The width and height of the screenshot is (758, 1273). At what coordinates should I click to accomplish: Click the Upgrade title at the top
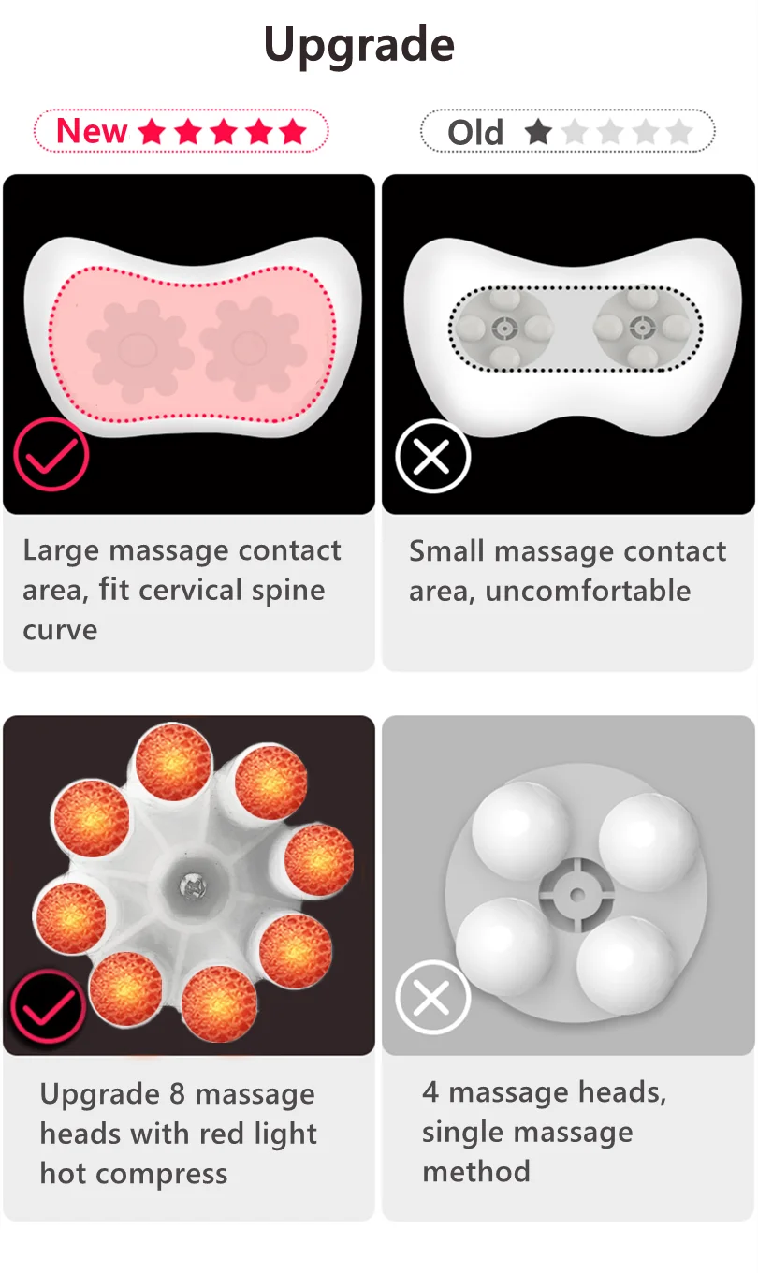click(x=359, y=45)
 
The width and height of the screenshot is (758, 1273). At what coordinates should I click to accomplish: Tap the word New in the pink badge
click(x=92, y=131)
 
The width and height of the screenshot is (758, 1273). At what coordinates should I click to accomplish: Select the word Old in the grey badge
click(x=475, y=133)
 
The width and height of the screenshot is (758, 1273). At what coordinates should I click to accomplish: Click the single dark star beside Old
click(x=538, y=132)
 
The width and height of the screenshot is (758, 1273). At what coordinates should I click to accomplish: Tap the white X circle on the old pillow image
click(x=432, y=457)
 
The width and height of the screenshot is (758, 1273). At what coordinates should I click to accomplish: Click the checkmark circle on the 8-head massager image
click(x=47, y=1008)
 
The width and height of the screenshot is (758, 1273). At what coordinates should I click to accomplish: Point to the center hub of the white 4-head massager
click(x=576, y=895)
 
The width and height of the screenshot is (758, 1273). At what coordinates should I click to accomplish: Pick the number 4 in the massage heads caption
click(x=430, y=1091)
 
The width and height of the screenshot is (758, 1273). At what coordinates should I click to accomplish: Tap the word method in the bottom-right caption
click(x=476, y=1171)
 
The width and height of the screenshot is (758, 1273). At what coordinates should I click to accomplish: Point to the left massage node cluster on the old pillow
click(x=503, y=328)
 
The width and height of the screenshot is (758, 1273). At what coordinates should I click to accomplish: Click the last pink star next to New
click(x=292, y=131)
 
